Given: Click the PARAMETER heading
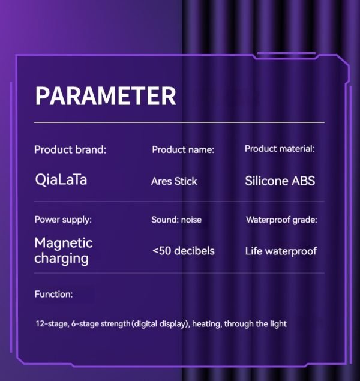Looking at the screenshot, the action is pyautogui.click(x=106, y=96).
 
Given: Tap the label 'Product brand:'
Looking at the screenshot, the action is pyautogui.click(x=70, y=149).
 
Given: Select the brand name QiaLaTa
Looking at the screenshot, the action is pyautogui.click(x=61, y=180).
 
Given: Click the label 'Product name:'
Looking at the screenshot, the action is pyautogui.click(x=183, y=149).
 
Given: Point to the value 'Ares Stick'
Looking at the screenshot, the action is pyautogui.click(x=174, y=181).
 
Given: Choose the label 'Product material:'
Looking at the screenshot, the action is pyautogui.click(x=280, y=149).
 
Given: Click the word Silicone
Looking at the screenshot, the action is pyautogui.click(x=266, y=181).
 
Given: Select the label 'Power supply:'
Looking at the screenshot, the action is pyautogui.click(x=63, y=220).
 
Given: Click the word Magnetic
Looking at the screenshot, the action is pyautogui.click(x=64, y=243).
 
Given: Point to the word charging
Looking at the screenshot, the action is pyautogui.click(x=61, y=259).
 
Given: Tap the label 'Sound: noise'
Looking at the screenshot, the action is pyautogui.click(x=176, y=220).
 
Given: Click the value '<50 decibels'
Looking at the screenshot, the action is pyautogui.click(x=184, y=251).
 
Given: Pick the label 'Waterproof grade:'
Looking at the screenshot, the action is pyautogui.click(x=281, y=220).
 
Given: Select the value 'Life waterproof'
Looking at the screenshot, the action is pyautogui.click(x=281, y=251).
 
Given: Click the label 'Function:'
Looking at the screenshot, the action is pyautogui.click(x=53, y=294).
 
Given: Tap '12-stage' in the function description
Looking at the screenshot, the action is pyautogui.click(x=52, y=324).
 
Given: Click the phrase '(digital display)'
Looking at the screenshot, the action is pyautogui.click(x=161, y=324).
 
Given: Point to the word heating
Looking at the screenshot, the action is pyautogui.click(x=207, y=324).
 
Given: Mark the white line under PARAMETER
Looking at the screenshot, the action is pyautogui.click(x=179, y=122).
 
